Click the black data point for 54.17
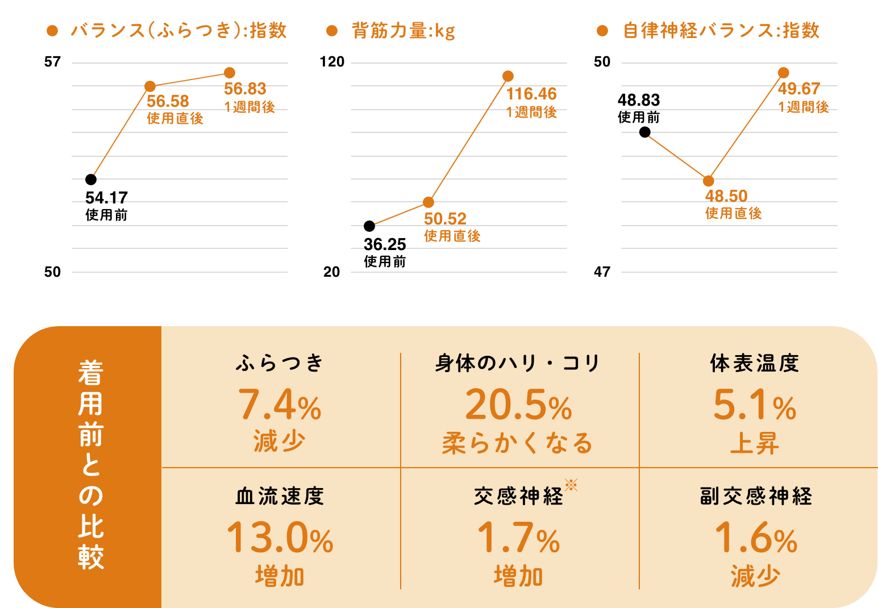pos(91,180)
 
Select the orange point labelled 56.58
pos(150,86)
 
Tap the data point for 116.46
pos(508,76)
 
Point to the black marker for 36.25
pos(369,226)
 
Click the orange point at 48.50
pos(708,181)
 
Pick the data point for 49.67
pos(784,73)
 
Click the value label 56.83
pos(245,89)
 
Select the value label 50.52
pos(445,219)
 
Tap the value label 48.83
pos(639,101)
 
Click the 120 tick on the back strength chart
pos(332,62)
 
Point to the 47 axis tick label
pos(602,272)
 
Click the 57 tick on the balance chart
pos(52,62)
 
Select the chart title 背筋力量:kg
pos(403,31)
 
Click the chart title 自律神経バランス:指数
pos(721,31)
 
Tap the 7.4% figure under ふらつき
pos(280,405)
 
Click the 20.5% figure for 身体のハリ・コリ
pos(518,405)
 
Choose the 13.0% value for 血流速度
pos(280,538)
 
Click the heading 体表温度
pos(755,364)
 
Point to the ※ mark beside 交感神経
pos(571,485)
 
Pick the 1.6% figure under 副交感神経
pos(755,538)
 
